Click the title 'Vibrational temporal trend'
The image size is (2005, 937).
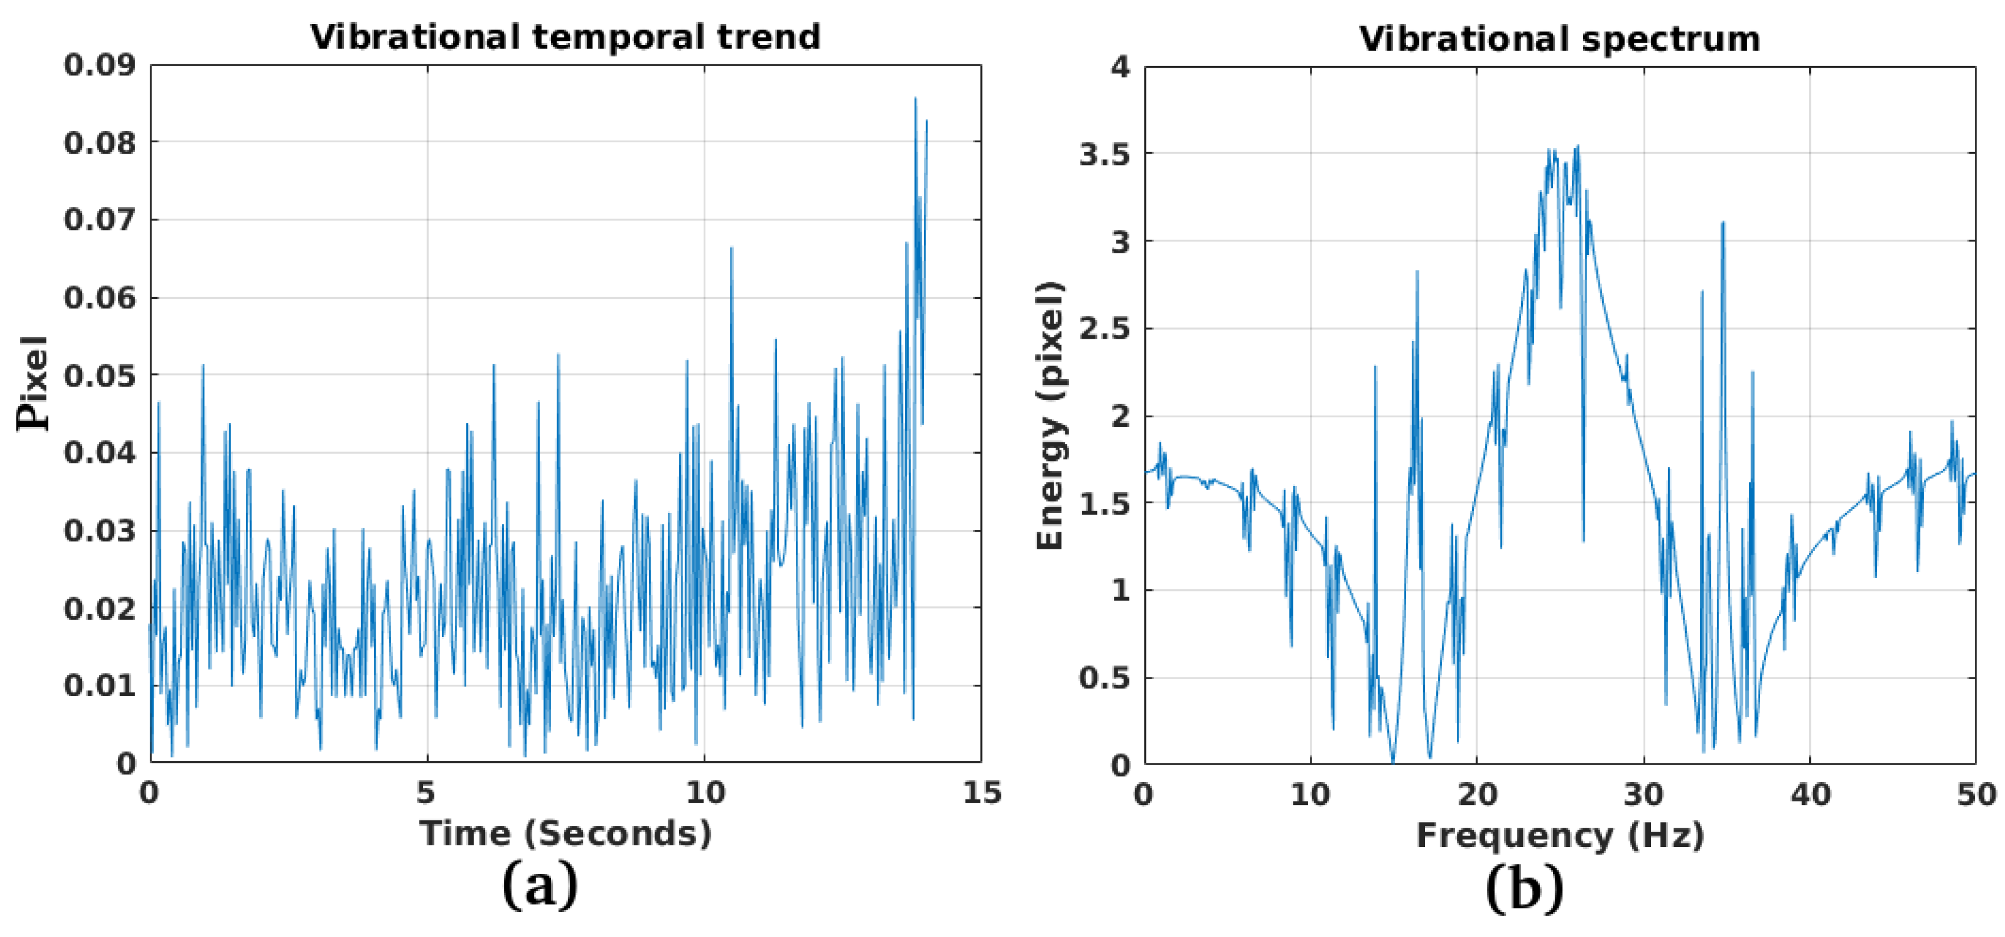pyautogui.click(x=565, y=38)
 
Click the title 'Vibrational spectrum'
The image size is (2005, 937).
pyautogui.click(x=1559, y=39)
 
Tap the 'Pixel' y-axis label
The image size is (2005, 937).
pyautogui.click(x=32, y=383)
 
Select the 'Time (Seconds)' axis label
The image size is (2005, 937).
pyautogui.click(x=565, y=833)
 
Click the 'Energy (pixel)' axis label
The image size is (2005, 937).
pyautogui.click(x=1051, y=415)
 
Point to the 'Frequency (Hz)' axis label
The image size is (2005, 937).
pyautogui.click(x=1560, y=836)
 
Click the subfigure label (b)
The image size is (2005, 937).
pyautogui.click(x=1524, y=888)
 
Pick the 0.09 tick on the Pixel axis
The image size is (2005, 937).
pyautogui.click(x=100, y=65)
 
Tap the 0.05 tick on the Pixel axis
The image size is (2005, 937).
pyautogui.click(x=100, y=376)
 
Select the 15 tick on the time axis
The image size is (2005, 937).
pyautogui.click(x=981, y=792)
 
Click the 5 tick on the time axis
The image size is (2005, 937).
pyautogui.click(x=426, y=792)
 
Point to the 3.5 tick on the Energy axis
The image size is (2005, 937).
pyautogui.click(x=1104, y=155)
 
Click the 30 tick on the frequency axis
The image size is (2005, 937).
pyautogui.click(x=1644, y=795)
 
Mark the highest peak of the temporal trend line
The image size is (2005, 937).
pyautogui.click(x=915, y=98)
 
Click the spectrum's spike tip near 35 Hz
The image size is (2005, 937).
pyautogui.click(x=1723, y=223)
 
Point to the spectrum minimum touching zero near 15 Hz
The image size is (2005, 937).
pyautogui.click(x=1393, y=761)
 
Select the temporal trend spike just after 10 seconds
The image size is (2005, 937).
pyautogui.click(x=732, y=248)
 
